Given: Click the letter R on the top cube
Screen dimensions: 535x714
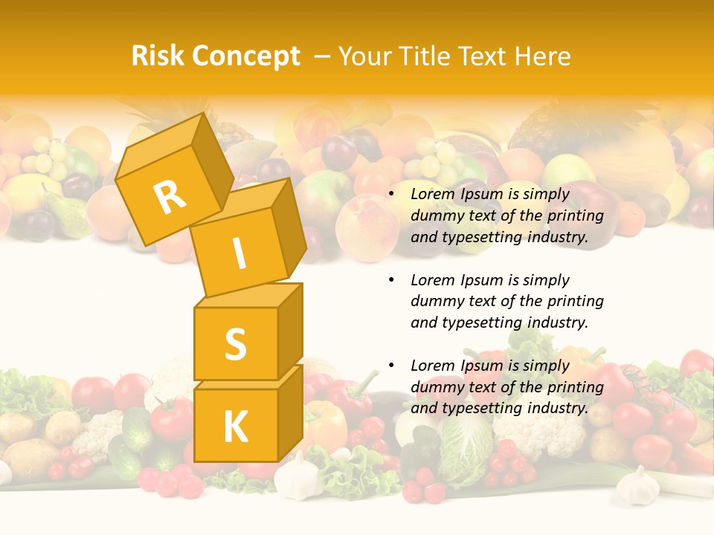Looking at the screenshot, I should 170,197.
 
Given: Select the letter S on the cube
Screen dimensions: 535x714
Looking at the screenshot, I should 235,344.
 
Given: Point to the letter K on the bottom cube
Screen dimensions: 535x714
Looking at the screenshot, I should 235,427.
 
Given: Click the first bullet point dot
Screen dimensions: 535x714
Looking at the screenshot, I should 391,195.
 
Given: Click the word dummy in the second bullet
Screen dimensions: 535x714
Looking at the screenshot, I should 435,302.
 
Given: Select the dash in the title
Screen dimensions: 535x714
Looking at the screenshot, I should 323,56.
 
